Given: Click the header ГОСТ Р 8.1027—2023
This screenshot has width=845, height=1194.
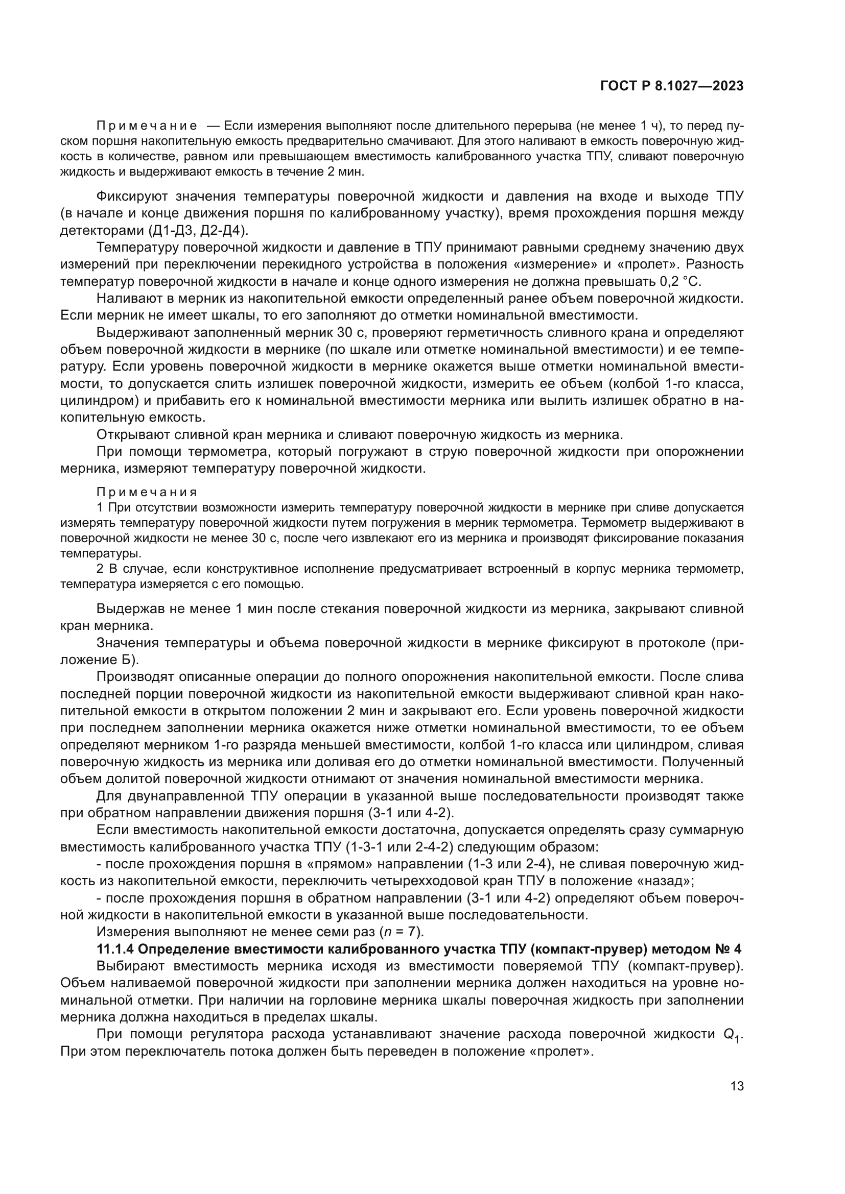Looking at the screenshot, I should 672,86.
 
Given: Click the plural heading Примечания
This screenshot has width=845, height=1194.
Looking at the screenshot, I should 147,492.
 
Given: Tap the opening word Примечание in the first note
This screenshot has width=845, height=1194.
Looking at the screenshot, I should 147,126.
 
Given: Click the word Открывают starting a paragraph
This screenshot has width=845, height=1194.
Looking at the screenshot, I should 134,434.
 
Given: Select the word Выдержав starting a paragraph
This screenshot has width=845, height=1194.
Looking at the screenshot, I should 130,608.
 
